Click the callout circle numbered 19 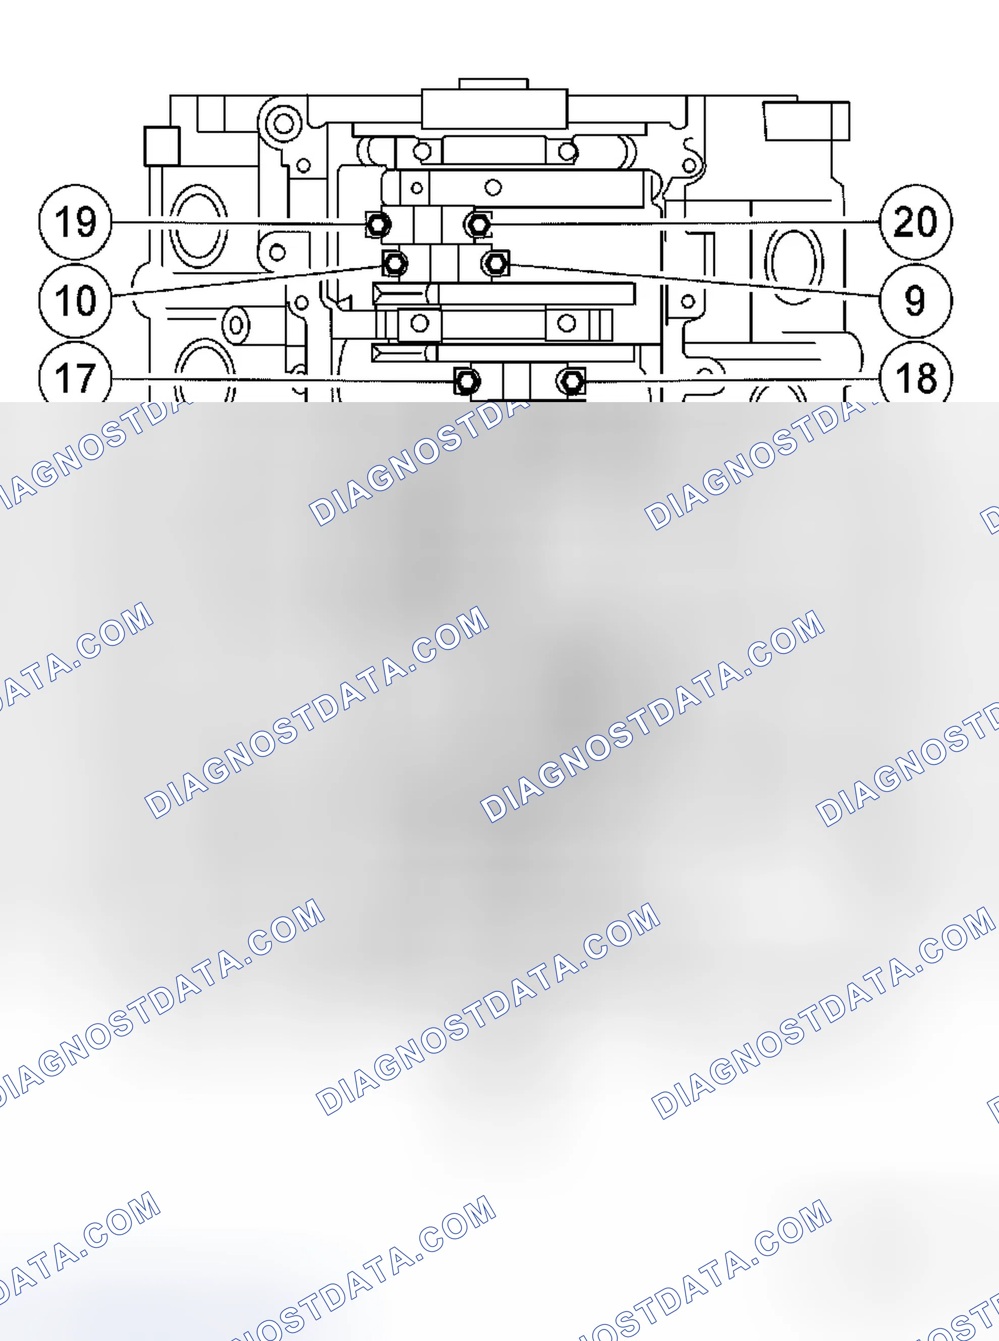pos(76,222)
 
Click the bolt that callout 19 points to pos(378,225)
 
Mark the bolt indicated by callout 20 pos(478,225)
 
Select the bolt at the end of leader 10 pos(395,263)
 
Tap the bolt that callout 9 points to pos(496,263)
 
